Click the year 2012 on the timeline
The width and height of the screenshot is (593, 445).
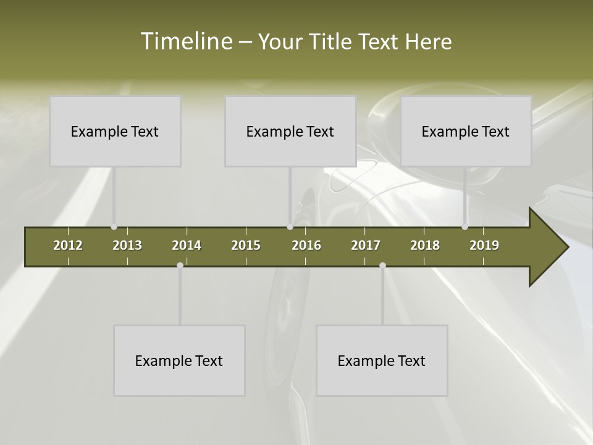[68, 245]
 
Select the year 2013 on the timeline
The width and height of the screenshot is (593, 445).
[127, 245]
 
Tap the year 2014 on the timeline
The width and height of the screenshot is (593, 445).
[187, 245]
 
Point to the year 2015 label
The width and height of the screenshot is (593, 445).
[246, 245]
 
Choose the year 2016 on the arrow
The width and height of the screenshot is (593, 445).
[306, 245]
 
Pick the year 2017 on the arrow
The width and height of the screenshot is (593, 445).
[366, 245]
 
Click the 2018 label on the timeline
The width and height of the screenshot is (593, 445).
[425, 245]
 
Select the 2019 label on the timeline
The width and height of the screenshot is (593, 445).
[484, 245]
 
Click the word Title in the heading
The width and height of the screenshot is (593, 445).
[332, 41]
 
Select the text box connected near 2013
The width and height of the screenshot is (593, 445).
[115, 131]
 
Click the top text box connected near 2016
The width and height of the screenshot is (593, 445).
[290, 131]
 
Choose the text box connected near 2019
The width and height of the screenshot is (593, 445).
[466, 131]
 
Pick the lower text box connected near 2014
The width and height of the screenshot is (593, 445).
[179, 360]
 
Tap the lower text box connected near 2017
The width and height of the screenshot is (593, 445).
[382, 360]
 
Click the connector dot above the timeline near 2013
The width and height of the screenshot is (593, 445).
[114, 227]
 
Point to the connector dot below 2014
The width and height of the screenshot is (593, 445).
[180, 265]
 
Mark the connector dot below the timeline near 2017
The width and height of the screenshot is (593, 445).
[382, 265]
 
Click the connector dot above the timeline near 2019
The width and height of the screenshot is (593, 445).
[465, 227]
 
